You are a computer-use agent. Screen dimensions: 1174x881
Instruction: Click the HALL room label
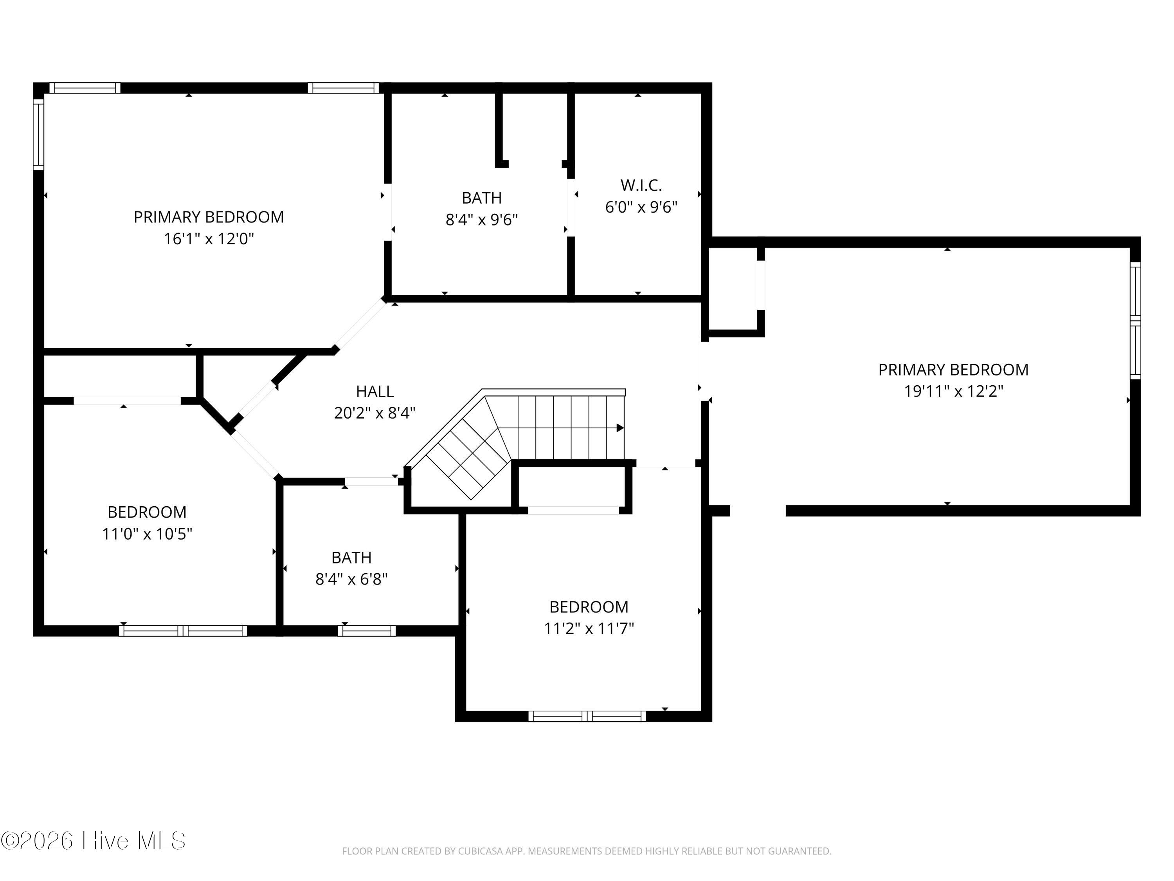pos(375,392)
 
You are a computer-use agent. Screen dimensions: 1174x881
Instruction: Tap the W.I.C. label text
pos(641,185)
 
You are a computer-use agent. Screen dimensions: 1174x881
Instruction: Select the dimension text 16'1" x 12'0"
pos(209,239)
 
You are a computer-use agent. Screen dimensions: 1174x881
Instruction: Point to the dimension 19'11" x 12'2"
pos(954,392)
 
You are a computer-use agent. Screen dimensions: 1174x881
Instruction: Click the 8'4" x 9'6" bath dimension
pos(481,219)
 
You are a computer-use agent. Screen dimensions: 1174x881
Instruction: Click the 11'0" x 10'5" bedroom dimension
pos(147,533)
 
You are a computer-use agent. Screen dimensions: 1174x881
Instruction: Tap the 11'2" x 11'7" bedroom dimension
pos(589,628)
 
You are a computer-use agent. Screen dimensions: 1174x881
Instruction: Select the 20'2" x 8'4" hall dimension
pos(375,413)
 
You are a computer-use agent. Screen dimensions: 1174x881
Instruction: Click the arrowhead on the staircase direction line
pos(620,428)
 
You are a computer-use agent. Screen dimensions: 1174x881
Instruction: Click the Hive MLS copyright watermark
pos(94,841)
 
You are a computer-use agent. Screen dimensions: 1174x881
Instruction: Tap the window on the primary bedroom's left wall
pos(38,135)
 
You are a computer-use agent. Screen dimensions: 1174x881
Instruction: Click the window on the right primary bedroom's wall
pos(1135,320)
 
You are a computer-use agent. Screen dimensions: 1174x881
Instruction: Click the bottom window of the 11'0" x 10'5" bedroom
pos(183,631)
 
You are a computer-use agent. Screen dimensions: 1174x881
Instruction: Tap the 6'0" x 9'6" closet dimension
pos(641,207)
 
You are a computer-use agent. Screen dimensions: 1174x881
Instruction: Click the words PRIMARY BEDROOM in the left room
pos(209,217)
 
